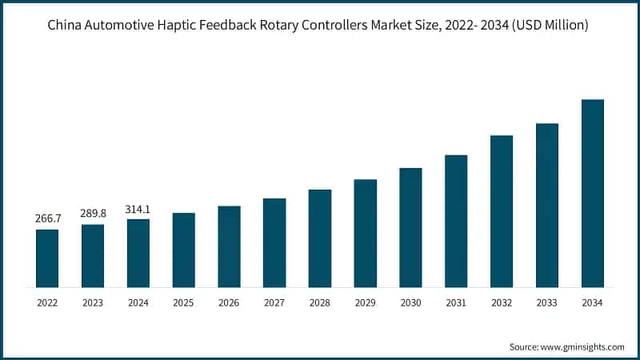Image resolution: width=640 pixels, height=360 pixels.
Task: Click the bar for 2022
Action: (x=47, y=258)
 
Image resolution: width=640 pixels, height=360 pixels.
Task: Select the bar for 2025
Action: (x=183, y=250)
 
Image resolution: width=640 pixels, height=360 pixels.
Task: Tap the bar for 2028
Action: (x=320, y=238)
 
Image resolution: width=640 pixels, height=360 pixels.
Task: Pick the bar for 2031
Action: (x=456, y=221)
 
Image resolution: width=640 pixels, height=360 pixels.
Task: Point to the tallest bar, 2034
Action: (x=592, y=194)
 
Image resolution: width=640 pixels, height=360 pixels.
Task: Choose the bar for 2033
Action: (x=547, y=206)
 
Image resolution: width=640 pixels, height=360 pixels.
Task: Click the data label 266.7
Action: (x=47, y=218)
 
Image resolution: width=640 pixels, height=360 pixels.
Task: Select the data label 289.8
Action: (x=93, y=214)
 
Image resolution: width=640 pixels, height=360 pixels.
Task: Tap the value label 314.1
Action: (x=138, y=209)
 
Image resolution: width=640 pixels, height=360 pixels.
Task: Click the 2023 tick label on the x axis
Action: (x=93, y=303)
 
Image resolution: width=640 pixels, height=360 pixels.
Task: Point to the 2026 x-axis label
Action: (x=229, y=303)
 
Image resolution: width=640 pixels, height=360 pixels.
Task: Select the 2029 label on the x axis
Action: (x=365, y=303)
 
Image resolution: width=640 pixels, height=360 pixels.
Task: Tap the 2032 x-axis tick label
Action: (x=502, y=303)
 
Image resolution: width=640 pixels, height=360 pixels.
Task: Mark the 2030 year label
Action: (x=410, y=303)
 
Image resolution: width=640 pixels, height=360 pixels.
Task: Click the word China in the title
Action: (x=66, y=26)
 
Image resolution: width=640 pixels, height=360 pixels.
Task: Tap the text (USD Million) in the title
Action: (x=549, y=26)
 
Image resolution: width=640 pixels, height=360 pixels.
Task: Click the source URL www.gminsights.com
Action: (x=583, y=346)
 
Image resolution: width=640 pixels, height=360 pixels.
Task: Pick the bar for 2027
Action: (x=274, y=242)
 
